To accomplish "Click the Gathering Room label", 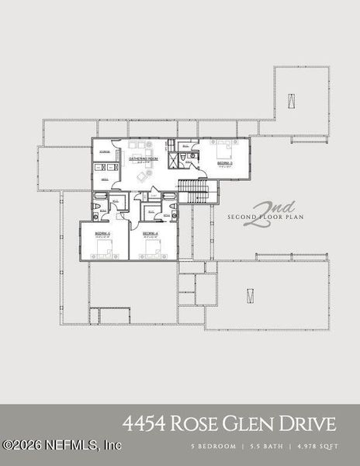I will coord(144,158).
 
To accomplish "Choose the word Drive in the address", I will coord(312,424).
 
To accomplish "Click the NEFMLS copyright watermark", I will coord(62,445).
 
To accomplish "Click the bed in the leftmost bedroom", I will coord(103,249).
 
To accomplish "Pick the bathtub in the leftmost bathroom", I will coord(101,207).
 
